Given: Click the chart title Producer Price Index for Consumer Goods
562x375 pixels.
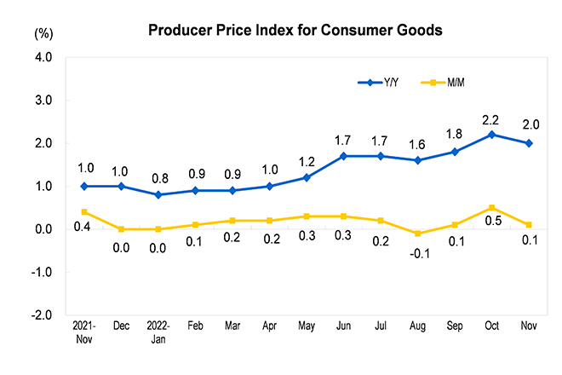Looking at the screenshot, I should pyautogui.click(x=295, y=30).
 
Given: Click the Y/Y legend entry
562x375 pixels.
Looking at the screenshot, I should pyautogui.click(x=379, y=82).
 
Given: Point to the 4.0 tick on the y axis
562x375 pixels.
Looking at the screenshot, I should pyautogui.click(x=43, y=58).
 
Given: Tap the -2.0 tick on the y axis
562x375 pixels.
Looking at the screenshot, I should pyautogui.click(x=41, y=314).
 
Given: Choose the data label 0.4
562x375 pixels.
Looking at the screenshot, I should pyautogui.click(x=82, y=225).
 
